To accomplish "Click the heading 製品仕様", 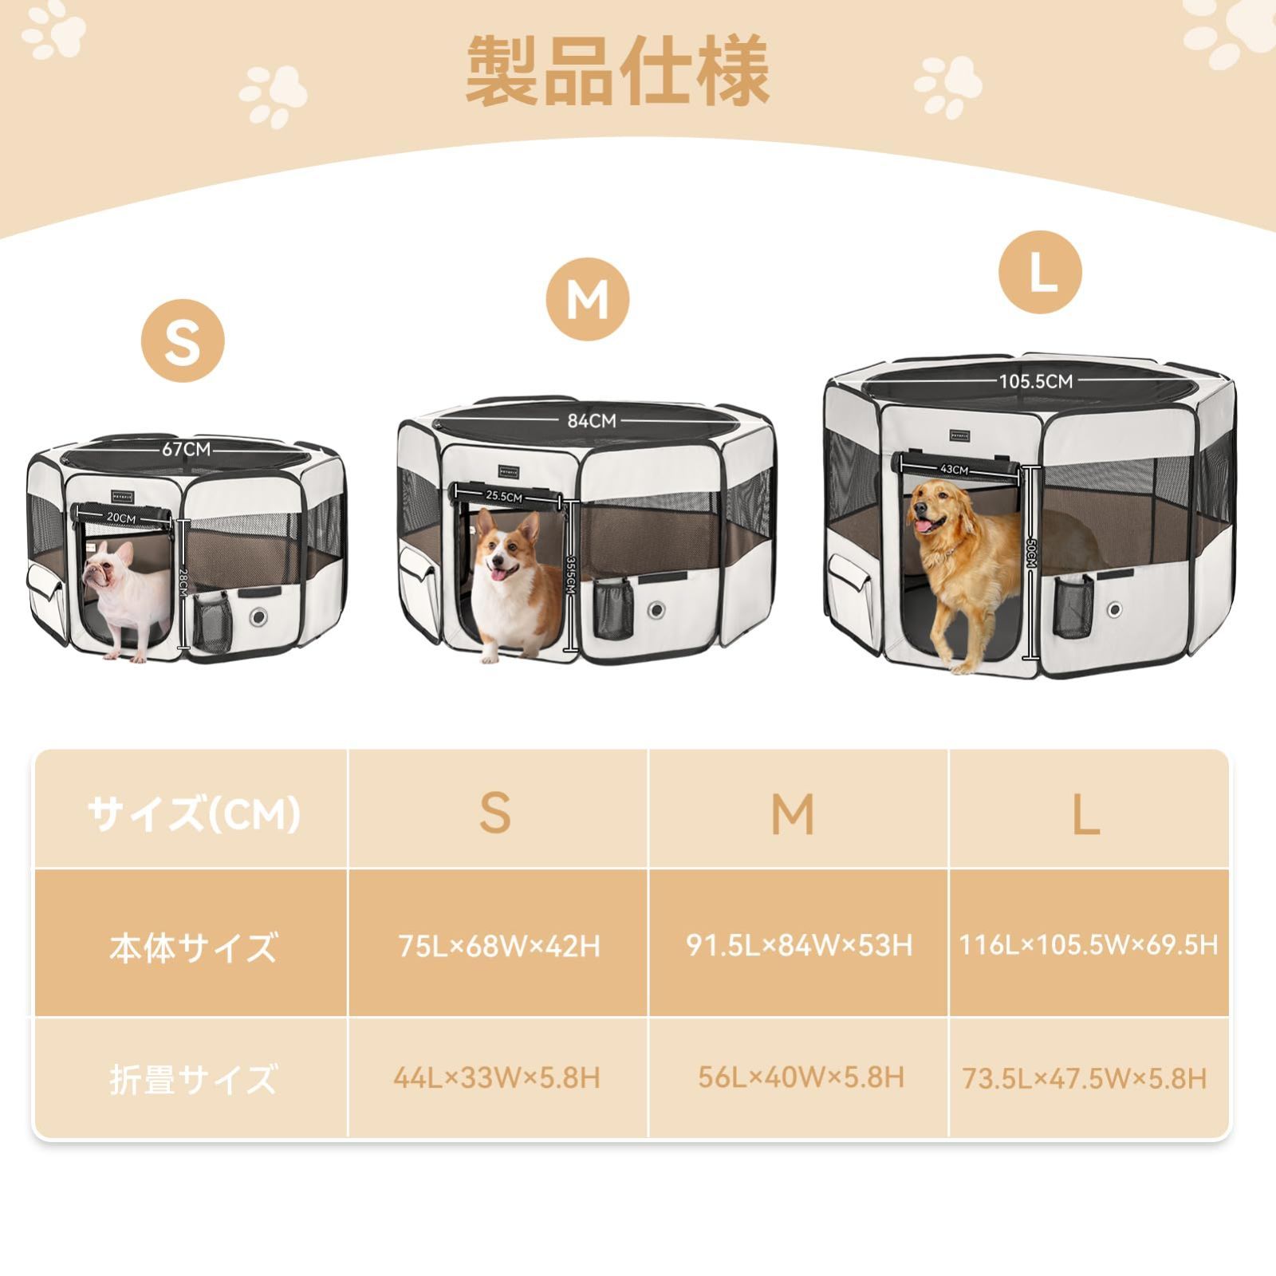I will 617,71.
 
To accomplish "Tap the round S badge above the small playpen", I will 183,341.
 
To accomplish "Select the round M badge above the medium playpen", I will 588,300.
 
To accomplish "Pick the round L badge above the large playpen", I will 1040,272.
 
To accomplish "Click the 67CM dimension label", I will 187,449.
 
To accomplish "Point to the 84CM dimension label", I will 592,420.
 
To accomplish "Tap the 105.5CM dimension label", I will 1036,381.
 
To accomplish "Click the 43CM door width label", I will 954,470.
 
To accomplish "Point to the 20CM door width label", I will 121,518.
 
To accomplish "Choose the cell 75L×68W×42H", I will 499,946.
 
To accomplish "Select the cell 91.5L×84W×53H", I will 799,945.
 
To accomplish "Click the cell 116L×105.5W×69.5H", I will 1089,945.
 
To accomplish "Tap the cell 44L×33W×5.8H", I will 496,1078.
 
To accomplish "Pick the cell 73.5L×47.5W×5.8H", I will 1085,1079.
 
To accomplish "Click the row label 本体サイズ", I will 193,947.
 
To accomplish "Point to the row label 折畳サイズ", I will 193,1079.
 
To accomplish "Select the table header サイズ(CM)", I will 194,814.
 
